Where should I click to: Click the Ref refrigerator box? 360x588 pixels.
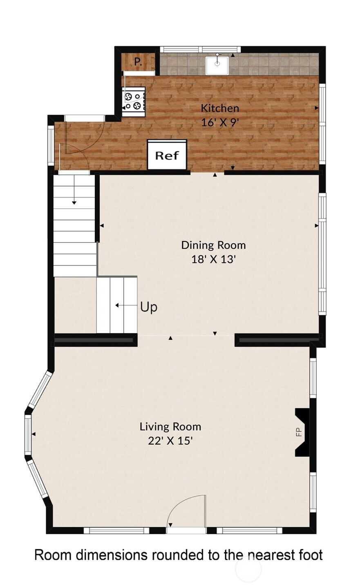click(x=167, y=155)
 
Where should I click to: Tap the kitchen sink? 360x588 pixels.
click(x=217, y=65)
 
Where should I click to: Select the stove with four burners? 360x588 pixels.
click(x=134, y=101)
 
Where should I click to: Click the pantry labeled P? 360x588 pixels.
click(x=138, y=62)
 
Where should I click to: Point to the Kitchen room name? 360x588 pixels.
click(x=219, y=108)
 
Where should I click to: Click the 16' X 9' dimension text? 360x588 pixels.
click(x=219, y=122)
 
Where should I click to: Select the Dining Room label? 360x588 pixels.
click(x=213, y=245)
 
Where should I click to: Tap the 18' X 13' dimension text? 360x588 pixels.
click(x=213, y=259)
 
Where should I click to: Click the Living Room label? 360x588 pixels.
click(x=170, y=427)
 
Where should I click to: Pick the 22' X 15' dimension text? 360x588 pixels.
click(x=170, y=441)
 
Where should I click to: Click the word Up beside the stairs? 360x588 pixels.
click(x=149, y=307)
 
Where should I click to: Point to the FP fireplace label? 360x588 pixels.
click(x=299, y=432)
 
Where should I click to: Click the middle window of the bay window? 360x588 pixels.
click(x=28, y=434)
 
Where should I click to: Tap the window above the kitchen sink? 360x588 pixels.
click(x=200, y=49)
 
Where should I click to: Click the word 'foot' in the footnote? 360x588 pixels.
click(x=309, y=555)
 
